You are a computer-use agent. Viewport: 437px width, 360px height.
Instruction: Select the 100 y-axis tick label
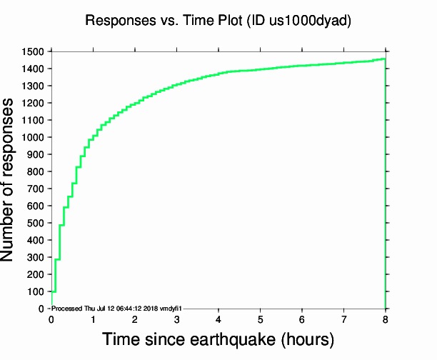(x=36, y=291)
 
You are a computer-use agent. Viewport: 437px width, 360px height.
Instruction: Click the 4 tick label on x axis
(x=218, y=319)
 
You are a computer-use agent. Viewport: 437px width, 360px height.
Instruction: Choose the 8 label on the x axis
(x=386, y=319)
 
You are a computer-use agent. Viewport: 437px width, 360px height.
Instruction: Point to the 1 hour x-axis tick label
(x=93, y=319)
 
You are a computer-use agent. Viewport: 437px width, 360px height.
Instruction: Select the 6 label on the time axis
(x=302, y=319)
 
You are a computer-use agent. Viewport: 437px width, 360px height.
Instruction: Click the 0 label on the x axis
(x=51, y=319)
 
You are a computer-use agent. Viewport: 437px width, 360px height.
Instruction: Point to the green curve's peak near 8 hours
(x=384, y=59)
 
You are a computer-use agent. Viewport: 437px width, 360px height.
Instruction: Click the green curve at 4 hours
(x=218, y=74)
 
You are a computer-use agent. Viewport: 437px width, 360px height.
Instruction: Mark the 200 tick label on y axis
(x=36, y=274)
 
